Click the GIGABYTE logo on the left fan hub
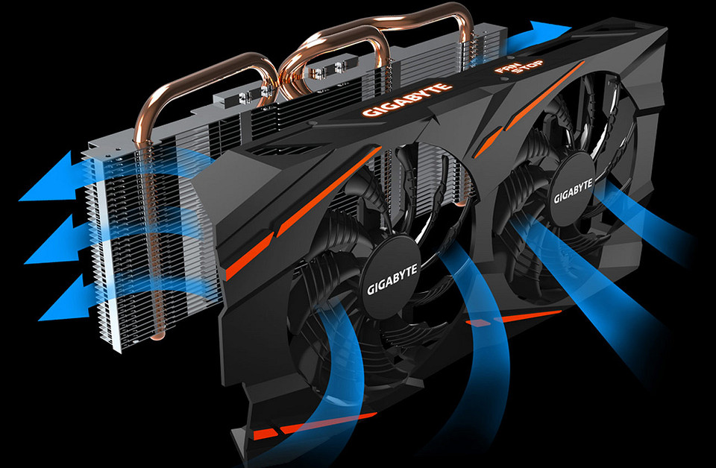(x=392, y=279)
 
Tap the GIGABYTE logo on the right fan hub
(x=573, y=191)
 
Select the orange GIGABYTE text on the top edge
(x=407, y=99)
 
